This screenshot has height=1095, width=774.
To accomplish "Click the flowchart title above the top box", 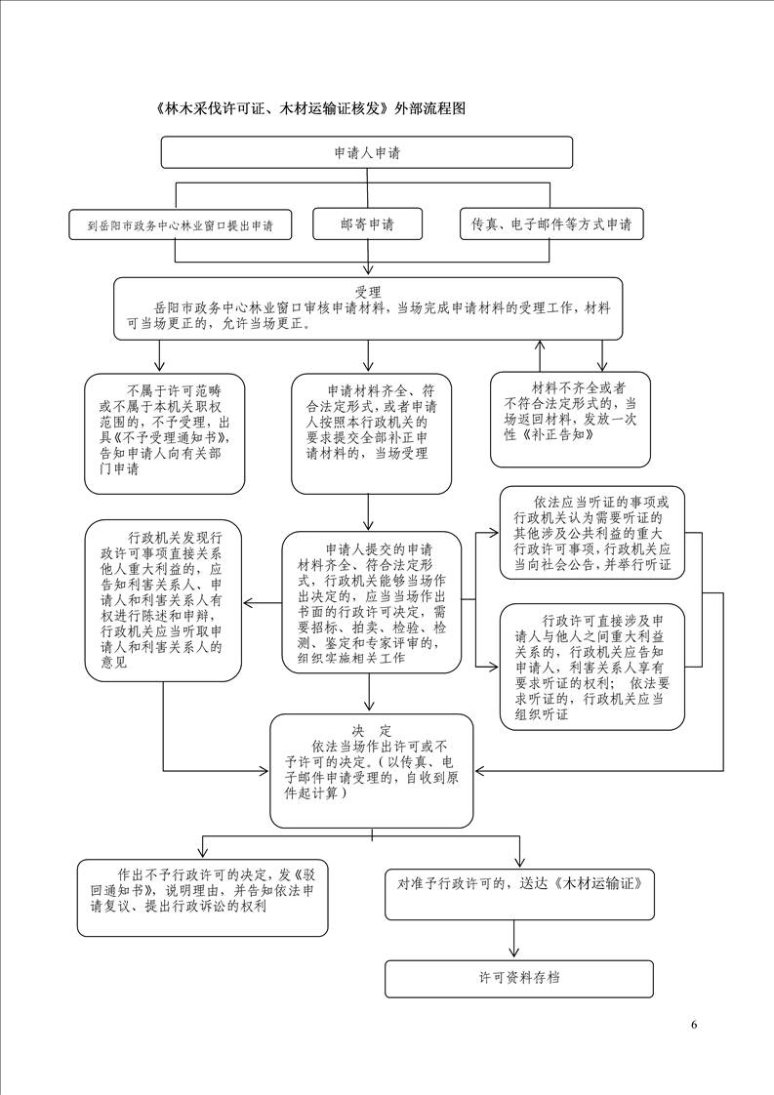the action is pos(311,109).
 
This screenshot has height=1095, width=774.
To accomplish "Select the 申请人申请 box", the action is pos(367,152).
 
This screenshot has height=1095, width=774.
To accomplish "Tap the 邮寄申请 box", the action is pos(367,224).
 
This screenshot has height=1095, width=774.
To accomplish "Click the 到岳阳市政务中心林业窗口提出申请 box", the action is pos(180,225).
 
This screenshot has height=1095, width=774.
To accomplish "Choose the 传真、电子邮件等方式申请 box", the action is pos(551,224).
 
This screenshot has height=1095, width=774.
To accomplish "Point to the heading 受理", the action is pos(367,292).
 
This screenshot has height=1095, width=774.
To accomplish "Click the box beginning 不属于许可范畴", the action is pos(165,433).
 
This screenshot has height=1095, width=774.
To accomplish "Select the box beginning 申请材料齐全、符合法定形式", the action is pos(371,433).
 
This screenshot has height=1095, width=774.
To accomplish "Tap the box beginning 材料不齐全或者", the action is pos(570,419).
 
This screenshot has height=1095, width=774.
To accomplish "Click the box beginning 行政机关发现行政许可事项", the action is pos(163,600).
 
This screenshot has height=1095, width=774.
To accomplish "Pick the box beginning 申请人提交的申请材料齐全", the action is pos(372,603).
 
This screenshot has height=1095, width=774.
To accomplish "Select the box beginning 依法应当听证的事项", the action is pos(592,533).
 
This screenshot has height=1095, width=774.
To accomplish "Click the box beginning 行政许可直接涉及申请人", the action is pos(592,668).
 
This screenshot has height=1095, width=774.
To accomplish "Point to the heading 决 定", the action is pos(372,731).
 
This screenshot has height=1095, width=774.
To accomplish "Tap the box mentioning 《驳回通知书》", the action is pos(203,897).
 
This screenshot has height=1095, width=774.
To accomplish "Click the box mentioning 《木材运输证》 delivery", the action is pos(519,894).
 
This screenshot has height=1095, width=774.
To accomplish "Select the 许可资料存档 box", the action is pos(519,979).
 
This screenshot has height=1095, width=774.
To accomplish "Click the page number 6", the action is pos(694,1025).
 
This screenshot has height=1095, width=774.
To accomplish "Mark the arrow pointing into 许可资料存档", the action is pos(514,940).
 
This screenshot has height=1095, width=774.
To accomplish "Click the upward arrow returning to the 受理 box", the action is pos(540,355).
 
